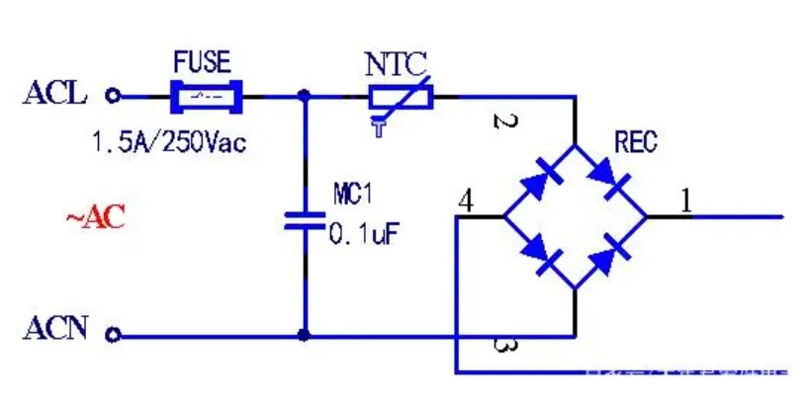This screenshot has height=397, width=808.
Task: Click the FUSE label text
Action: coord(202,64)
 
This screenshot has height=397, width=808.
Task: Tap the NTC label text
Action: coord(396,65)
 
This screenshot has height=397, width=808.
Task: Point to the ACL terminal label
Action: coord(55,95)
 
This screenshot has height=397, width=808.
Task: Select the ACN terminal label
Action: coord(56,329)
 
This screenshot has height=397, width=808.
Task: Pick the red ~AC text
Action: coord(96,217)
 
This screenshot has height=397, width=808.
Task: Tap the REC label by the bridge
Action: coord(635,143)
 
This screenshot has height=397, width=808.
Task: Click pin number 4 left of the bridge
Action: coord(465,200)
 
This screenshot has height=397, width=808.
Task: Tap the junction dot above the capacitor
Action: coord(304,97)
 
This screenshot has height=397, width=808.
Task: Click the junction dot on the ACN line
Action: coord(304,335)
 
